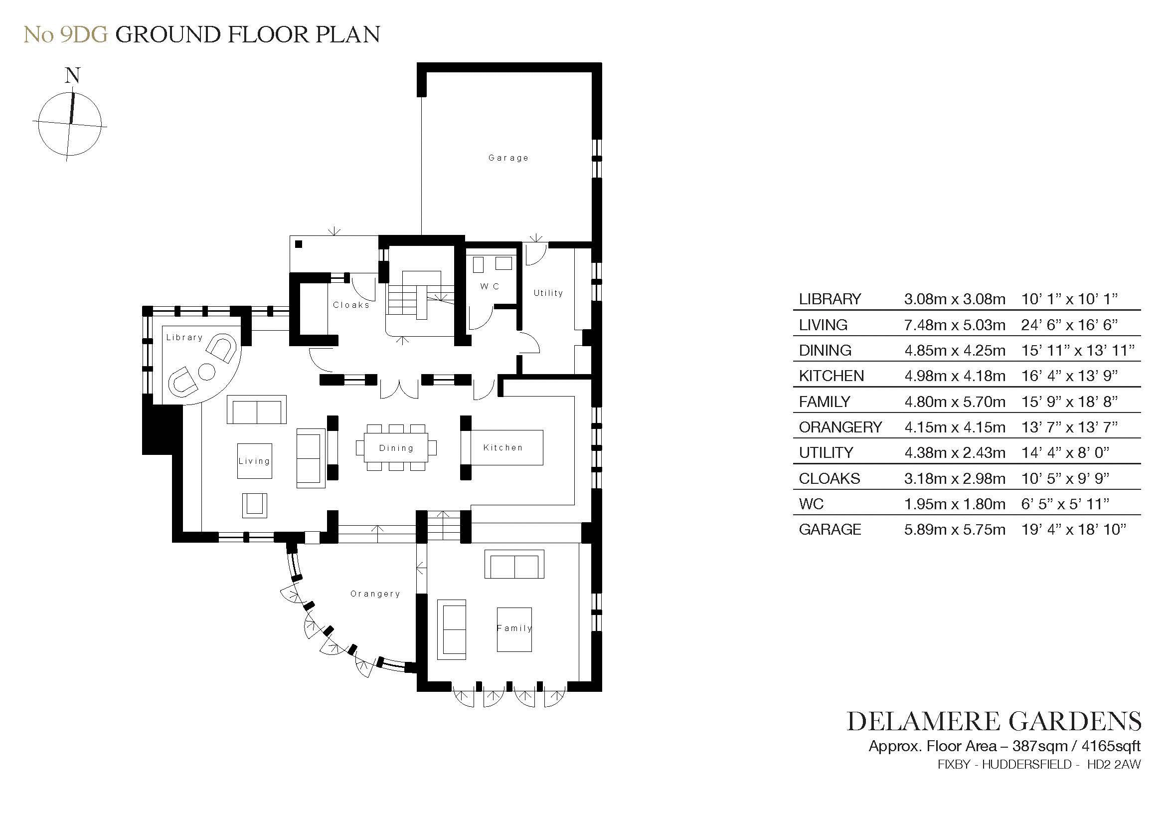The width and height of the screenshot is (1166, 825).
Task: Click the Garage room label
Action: [x=508, y=158]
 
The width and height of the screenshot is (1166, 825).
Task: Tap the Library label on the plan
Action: [x=184, y=337]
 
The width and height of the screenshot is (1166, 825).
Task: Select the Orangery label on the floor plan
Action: [x=375, y=594]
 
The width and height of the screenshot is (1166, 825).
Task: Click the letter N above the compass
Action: [x=73, y=76]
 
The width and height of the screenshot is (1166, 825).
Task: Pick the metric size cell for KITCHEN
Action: [x=954, y=376]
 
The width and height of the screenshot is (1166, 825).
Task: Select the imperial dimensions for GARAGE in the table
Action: [x=1074, y=529]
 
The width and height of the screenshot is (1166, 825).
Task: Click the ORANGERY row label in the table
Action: [x=840, y=427]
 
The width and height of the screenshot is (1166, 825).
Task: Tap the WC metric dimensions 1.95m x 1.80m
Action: [x=954, y=504]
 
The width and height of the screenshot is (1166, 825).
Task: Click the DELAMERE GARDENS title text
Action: [x=994, y=722]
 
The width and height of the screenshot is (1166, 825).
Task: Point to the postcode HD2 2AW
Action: [x=1114, y=778]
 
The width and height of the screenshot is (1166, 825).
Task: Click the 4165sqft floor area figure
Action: [x=1111, y=746]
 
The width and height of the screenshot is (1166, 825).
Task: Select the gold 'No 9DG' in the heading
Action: [x=65, y=34]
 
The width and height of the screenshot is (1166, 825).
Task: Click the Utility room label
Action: [x=548, y=293]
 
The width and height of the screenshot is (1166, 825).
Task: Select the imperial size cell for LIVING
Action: [x=1069, y=325]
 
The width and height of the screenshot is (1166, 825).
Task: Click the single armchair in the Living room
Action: [x=254, y=505]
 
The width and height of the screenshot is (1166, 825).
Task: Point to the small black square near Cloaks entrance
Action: [x=299, y=244]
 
